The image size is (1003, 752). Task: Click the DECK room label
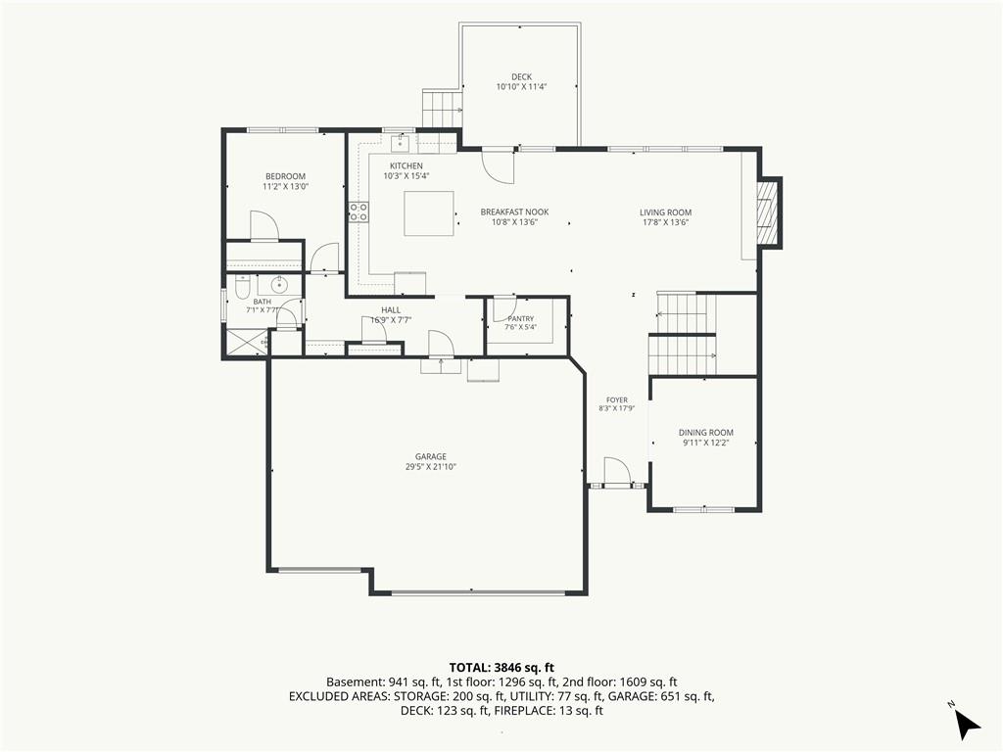click(521, 76)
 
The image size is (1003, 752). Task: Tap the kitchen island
click(429, 212)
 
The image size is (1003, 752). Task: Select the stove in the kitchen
click(358, 211)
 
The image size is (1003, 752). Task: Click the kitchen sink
click(401, 143)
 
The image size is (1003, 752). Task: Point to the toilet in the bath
click(242, 288)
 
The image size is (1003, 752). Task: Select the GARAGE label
click(431, 456)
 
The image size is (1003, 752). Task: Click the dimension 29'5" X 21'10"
click(431, 467)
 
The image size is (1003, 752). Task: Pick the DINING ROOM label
click(706, 432)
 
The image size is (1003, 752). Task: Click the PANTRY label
click(521, 318)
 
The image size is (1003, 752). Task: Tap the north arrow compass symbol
click(967, 722)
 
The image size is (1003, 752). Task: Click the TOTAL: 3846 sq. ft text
click(501, 668)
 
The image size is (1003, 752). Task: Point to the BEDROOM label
click(285, 176)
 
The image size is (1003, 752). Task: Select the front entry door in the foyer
click(617, 473)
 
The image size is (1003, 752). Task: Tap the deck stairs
click(442, 110)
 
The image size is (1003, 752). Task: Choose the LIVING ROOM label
click(665, 212)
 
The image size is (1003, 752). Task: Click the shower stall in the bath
click(245, 342)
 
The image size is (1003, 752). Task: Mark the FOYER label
click(617, 400)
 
